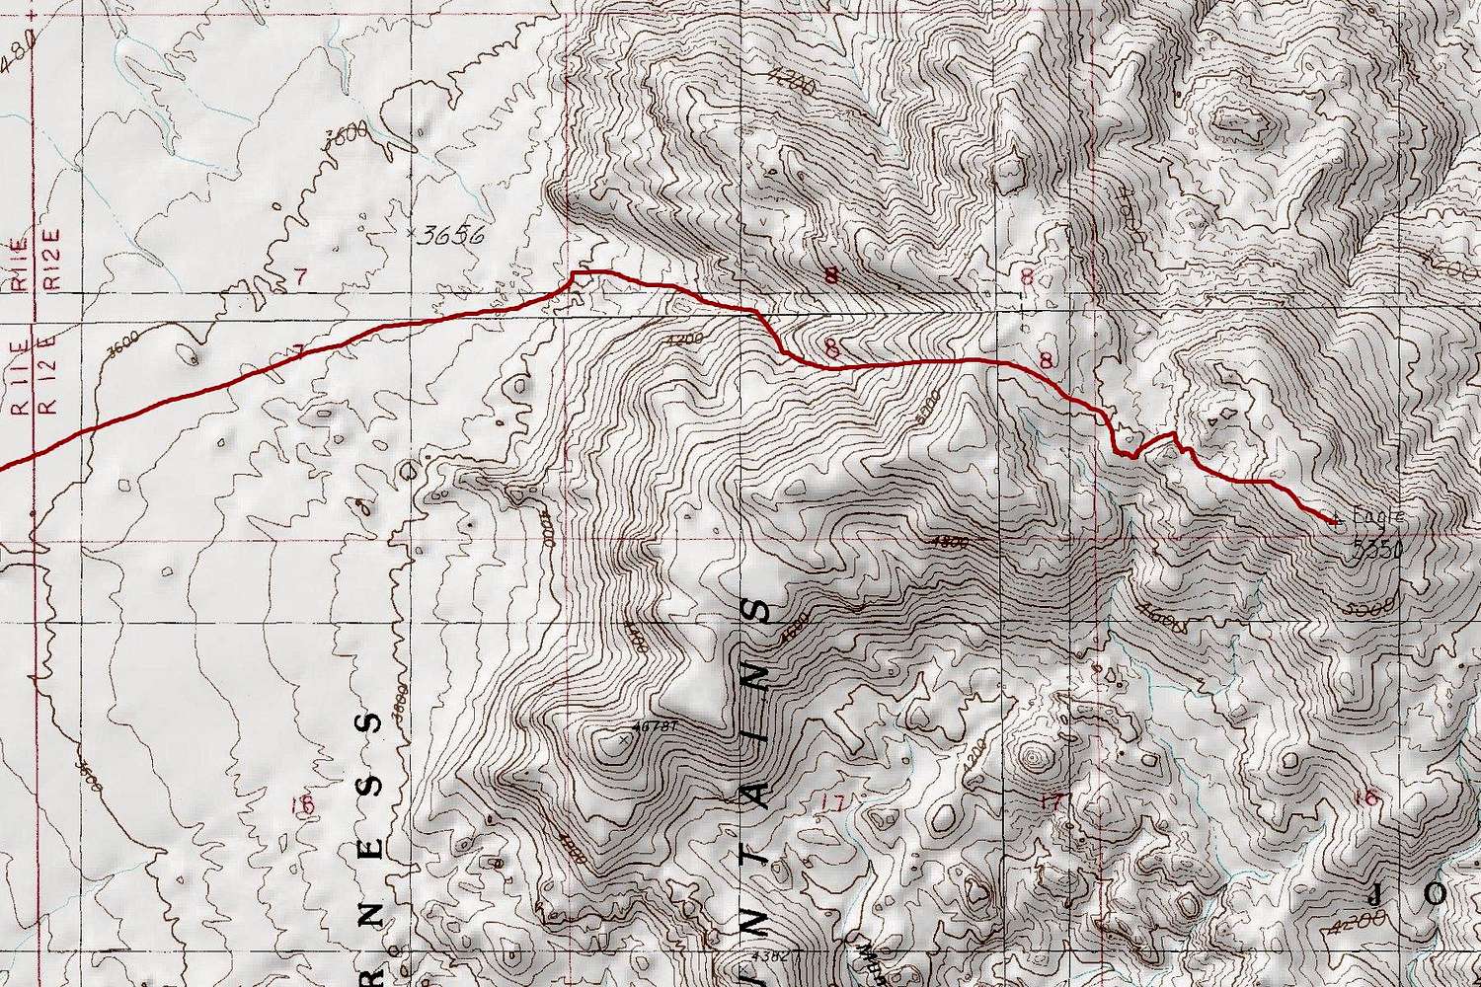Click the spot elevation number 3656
point(450,236)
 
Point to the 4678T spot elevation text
point(658,727)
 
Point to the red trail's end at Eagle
point(1335,519)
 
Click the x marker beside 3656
point(411,233)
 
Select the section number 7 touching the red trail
point(299,350)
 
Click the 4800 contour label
point(950,542)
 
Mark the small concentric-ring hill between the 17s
point(1034,758)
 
